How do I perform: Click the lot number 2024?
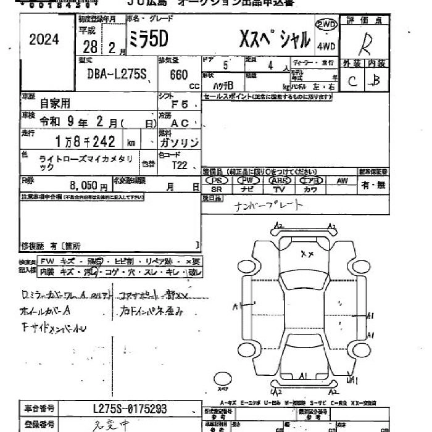pos(44,40)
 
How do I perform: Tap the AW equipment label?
pos(342,181)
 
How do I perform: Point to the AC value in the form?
pos(180,123)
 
